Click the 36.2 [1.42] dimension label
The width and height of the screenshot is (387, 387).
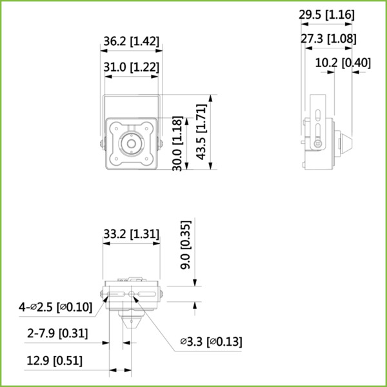131,41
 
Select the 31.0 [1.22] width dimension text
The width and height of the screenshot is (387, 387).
131,66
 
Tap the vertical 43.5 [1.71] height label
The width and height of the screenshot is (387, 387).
201,132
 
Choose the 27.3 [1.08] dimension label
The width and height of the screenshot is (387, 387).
328,39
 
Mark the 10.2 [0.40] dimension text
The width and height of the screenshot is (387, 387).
343,63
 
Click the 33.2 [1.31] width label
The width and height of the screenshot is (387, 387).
132,233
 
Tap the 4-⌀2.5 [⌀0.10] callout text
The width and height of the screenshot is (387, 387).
55,308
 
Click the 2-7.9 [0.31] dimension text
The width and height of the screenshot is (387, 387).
58,333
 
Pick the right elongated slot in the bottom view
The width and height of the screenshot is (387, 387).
148,295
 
